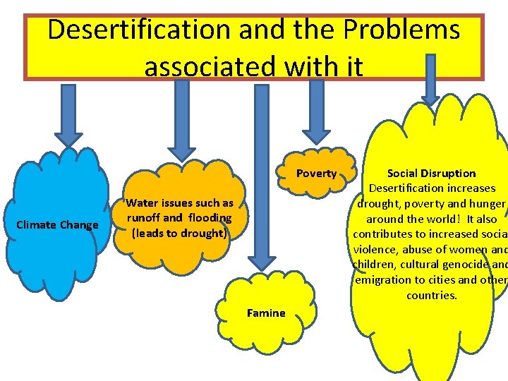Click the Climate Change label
point(57,225)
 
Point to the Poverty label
point(316,174)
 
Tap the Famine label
point(266,313)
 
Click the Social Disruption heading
point(432,173)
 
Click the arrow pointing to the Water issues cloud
point(183,120)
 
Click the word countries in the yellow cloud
point(432,295)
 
